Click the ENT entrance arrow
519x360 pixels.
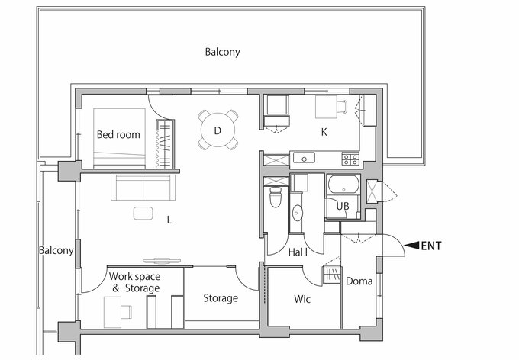[411, 245]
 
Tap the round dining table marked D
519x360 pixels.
[218, 130]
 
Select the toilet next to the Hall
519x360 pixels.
[276, 198]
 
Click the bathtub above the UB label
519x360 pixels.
[343, 185]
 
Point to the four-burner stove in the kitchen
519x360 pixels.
[350, 159]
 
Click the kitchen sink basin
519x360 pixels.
[304, 158]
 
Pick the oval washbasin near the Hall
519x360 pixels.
[297, 213]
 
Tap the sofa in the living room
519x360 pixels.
[143, 188]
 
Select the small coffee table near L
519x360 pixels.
[143, 213]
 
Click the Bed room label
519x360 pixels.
[118, 134]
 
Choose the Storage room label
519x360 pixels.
[221, 298]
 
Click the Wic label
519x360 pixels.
[302, 299]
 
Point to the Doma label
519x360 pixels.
[359, 281]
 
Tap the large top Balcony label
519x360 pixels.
[222, 52]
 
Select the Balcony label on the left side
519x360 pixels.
[56, 250]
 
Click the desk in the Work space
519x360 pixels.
[112, 312]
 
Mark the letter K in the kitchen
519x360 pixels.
[324, 132]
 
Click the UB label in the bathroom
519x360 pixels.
[343, 206]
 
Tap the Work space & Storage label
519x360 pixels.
[135, 282]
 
